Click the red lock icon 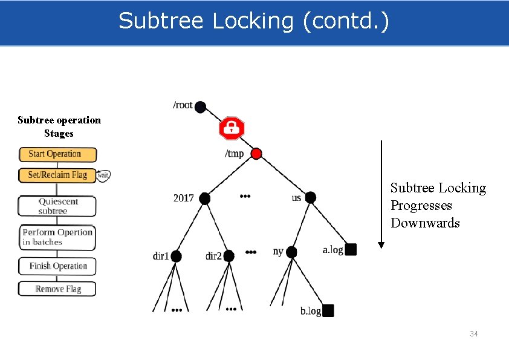(231, 128)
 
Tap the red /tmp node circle (256, 154)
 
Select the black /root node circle (200, 107)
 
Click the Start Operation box (57, 154)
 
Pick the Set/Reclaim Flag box (57, 175)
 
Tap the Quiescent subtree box (57, 206)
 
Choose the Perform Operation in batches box (57, 237)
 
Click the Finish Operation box (57, 266)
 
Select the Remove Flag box (57, 289)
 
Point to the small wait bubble (103, 175)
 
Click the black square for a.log (351, 249)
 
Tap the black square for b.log (328, 311)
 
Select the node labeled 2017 (205, 198)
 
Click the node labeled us (311, 198)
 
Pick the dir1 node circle (176, 257)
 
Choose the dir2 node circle (228, 257)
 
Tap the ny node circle (291, 252)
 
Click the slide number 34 (474, 334)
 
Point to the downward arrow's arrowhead (381, 244)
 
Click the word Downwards (425, 223)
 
